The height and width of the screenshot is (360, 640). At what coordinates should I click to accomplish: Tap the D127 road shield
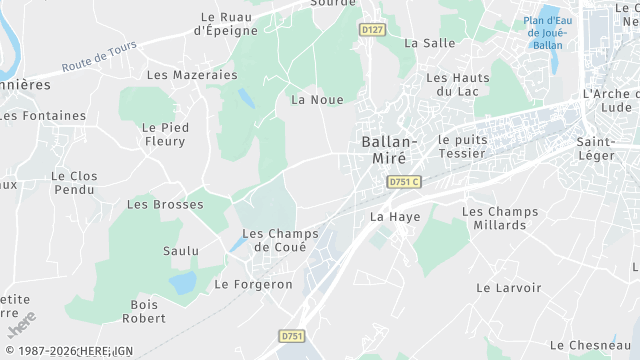(372, 30)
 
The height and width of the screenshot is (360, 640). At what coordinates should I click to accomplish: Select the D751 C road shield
(404, 181)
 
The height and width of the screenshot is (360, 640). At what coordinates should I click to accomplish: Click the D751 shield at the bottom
(292, 337)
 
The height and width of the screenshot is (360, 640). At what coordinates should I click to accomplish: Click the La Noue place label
(317, 100)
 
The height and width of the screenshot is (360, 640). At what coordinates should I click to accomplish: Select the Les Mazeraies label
(192, 75)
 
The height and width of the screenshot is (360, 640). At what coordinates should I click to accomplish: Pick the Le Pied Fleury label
(164, 134)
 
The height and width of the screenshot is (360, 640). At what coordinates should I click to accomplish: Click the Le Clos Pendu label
(75, 183)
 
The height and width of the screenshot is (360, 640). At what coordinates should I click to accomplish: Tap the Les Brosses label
(165, 205)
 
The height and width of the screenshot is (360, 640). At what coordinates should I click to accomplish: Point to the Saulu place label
(181, 251)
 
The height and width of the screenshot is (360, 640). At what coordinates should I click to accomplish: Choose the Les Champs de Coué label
(280, 240)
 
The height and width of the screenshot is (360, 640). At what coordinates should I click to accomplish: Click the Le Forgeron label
(254, 284)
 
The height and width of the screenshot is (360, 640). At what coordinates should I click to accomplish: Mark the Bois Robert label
(144, 312)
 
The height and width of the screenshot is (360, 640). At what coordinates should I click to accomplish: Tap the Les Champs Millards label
(500, 218)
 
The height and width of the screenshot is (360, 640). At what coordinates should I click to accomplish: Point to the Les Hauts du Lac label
(458, 84)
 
